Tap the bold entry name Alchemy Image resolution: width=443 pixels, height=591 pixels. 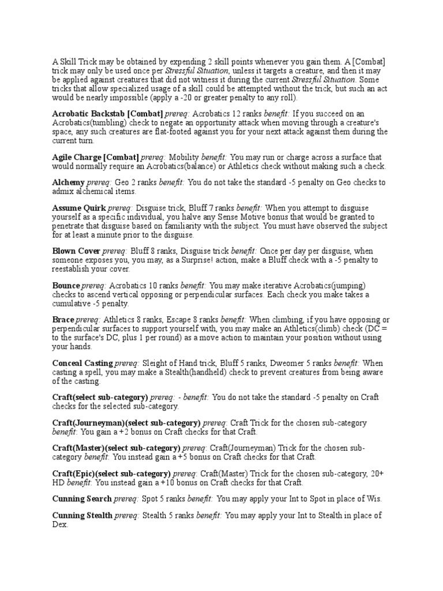point(69,182)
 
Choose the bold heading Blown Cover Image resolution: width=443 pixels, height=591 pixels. point(76,251)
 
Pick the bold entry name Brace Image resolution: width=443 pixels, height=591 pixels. point(63,320)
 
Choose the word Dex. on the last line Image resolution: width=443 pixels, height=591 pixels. point(61,525)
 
